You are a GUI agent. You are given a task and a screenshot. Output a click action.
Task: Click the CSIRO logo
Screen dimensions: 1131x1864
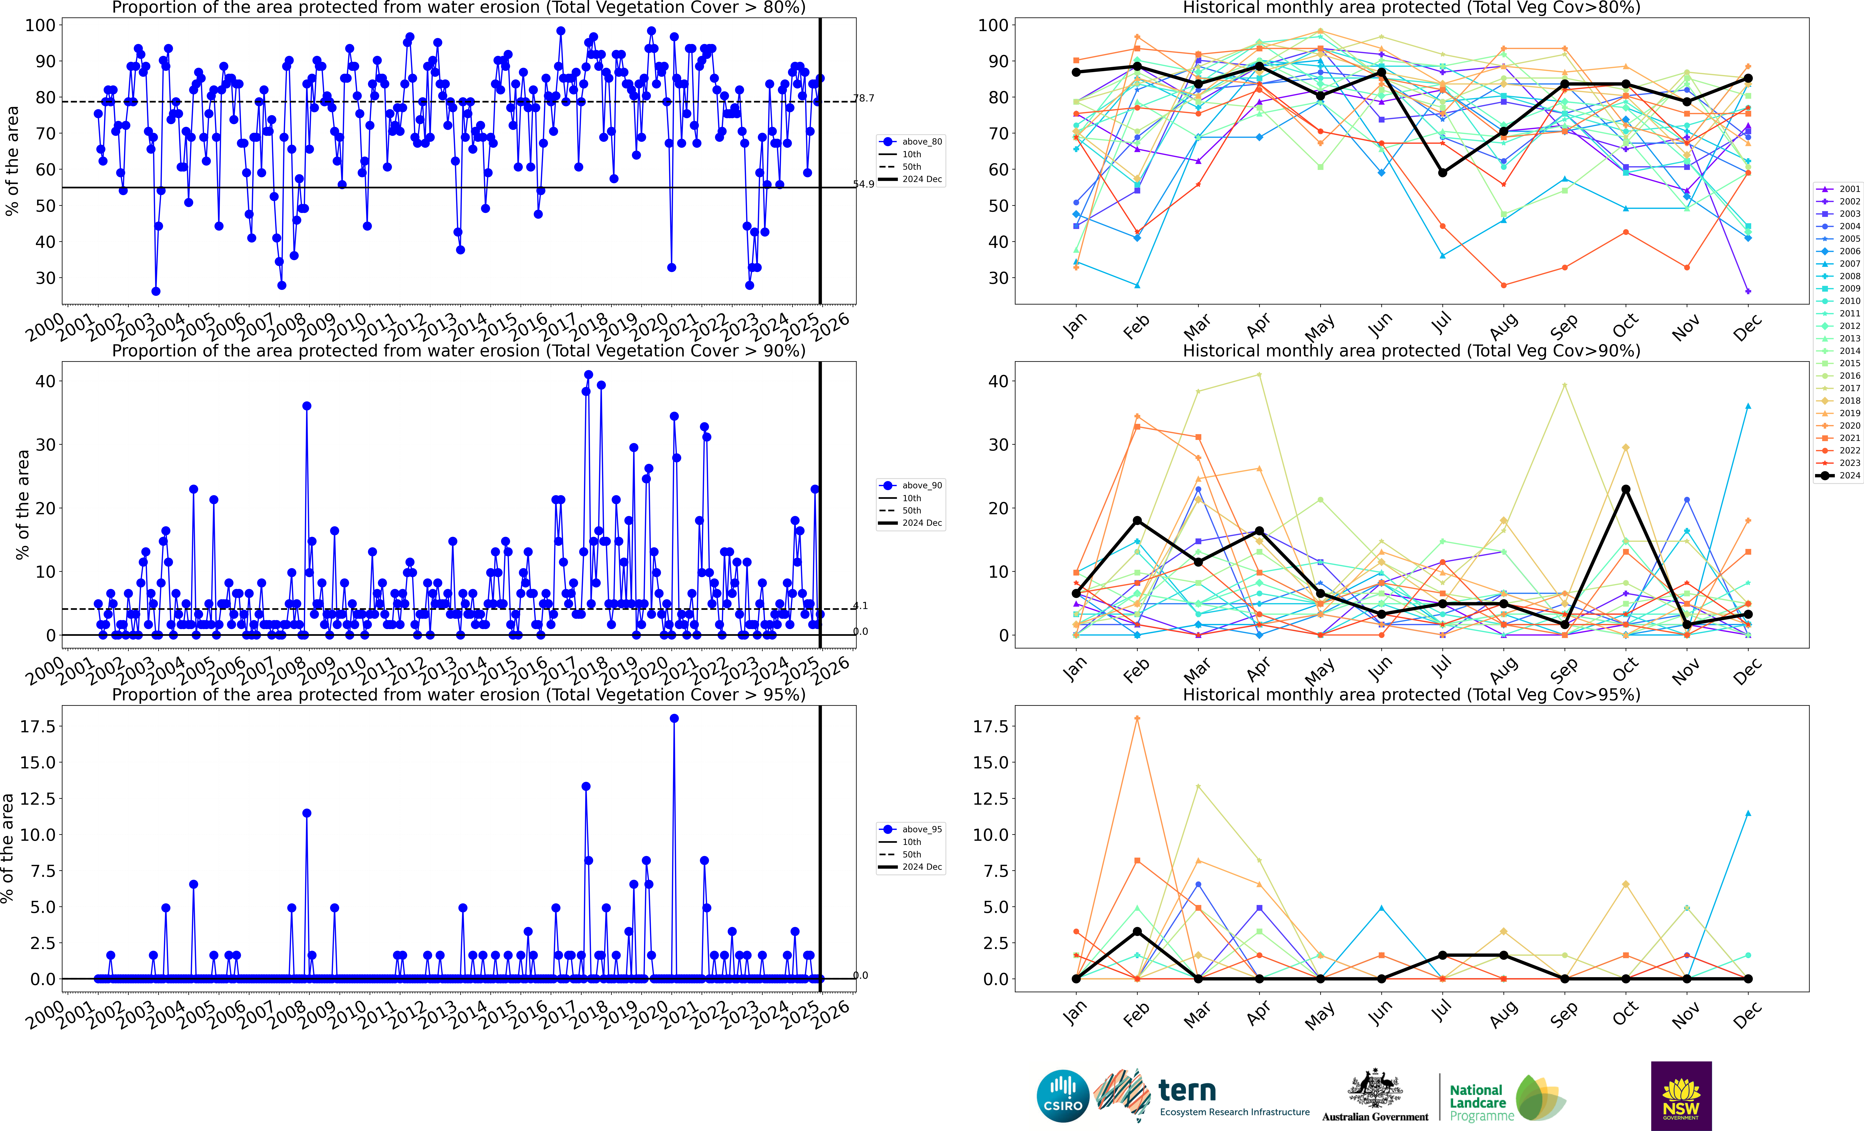(x=1063, y=1096)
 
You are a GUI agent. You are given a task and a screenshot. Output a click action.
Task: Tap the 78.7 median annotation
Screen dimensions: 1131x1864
(x=864, y=98)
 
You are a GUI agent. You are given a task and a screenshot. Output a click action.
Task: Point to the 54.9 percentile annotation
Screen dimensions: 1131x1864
(x=864, y=185)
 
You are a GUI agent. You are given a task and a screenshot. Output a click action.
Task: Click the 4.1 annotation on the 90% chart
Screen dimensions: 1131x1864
(x=861, y=605)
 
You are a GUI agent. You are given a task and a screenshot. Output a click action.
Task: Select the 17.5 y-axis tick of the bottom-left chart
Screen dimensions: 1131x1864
(x=38, y=726)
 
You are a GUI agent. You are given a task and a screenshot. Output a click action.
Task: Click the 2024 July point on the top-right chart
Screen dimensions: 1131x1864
(x=1443, y=172)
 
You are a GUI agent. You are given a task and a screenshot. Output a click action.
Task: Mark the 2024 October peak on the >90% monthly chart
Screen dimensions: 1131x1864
(x=1626, y=489)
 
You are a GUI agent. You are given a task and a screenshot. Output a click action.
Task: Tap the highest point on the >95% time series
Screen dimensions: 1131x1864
(x=674, y=719)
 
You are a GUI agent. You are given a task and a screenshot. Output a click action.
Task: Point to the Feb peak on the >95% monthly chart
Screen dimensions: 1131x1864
(x=1137, y=719)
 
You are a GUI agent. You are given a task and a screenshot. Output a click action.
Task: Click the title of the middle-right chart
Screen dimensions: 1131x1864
(x=1412, y=351)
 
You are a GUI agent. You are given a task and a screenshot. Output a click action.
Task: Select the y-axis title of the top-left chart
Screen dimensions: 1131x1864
(x=12, y=161)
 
